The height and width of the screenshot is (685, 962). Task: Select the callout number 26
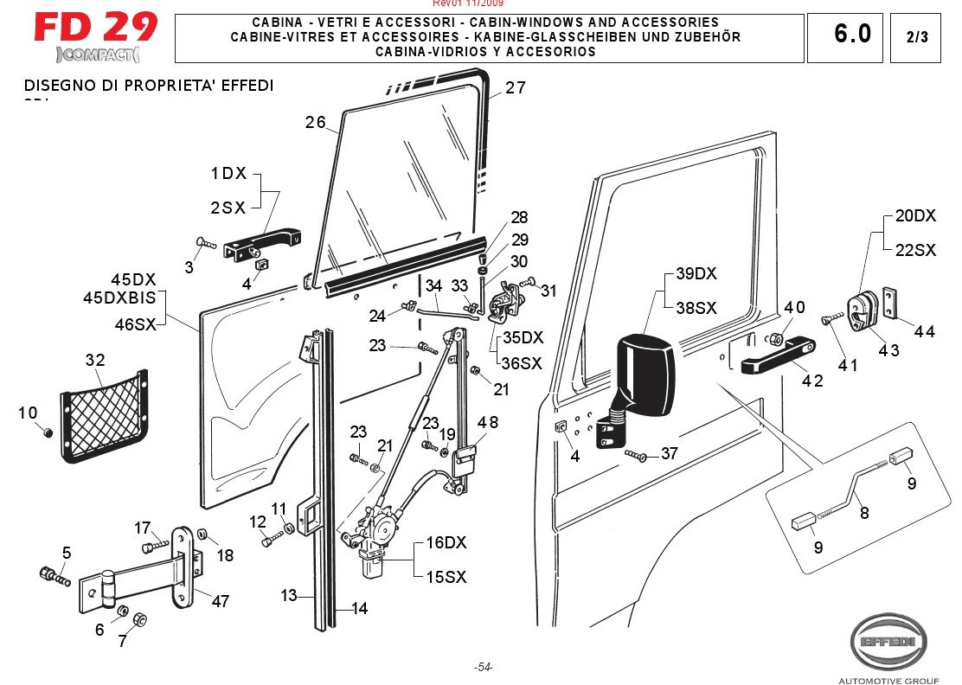(x=315, y=123)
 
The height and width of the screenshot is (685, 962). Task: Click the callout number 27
(x=516, y=87)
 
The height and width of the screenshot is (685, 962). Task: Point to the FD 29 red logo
(x=96, y=28)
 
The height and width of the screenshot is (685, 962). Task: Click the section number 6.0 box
(x=852, y=35)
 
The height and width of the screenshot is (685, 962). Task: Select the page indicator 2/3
(x=916, y=37)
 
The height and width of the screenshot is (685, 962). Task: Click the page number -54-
(x=483, y=667)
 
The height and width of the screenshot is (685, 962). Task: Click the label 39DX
(x=696, y=273)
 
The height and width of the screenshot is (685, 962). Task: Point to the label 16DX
(x=446, y=543)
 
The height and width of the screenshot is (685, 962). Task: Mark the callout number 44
(x=924, y=330)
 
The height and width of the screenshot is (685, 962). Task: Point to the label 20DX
(x=914, y=215)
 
